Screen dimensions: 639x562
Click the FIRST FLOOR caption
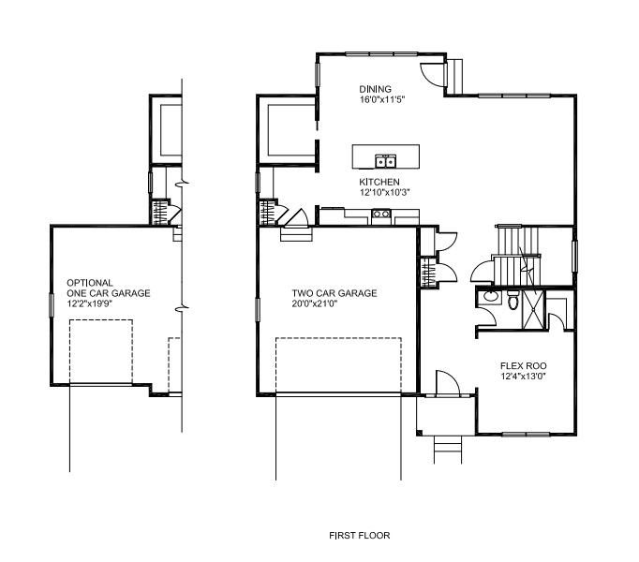(x=359, y=535)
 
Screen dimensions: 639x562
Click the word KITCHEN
(x=379, y=182)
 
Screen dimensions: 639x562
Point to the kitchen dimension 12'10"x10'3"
(x=384, y=192)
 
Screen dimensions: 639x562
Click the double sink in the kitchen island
(x=385, y=161)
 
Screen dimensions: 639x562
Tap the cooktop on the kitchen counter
(x=381, y=214)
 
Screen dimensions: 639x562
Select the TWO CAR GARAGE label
(x=334, y=293)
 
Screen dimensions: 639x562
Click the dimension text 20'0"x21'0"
(x=315, y=303)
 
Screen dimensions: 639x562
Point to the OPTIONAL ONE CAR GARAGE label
(x=109, y=288)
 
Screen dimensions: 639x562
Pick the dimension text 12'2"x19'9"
(x=89, y=303)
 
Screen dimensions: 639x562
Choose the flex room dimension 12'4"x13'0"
(x=523, y=377)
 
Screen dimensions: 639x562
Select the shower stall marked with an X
(x=533, y=309)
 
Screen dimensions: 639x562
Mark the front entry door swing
(x=448, y=383)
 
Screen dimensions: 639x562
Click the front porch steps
(x=448, y=450)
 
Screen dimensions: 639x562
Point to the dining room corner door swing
(x=433, y=74)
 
